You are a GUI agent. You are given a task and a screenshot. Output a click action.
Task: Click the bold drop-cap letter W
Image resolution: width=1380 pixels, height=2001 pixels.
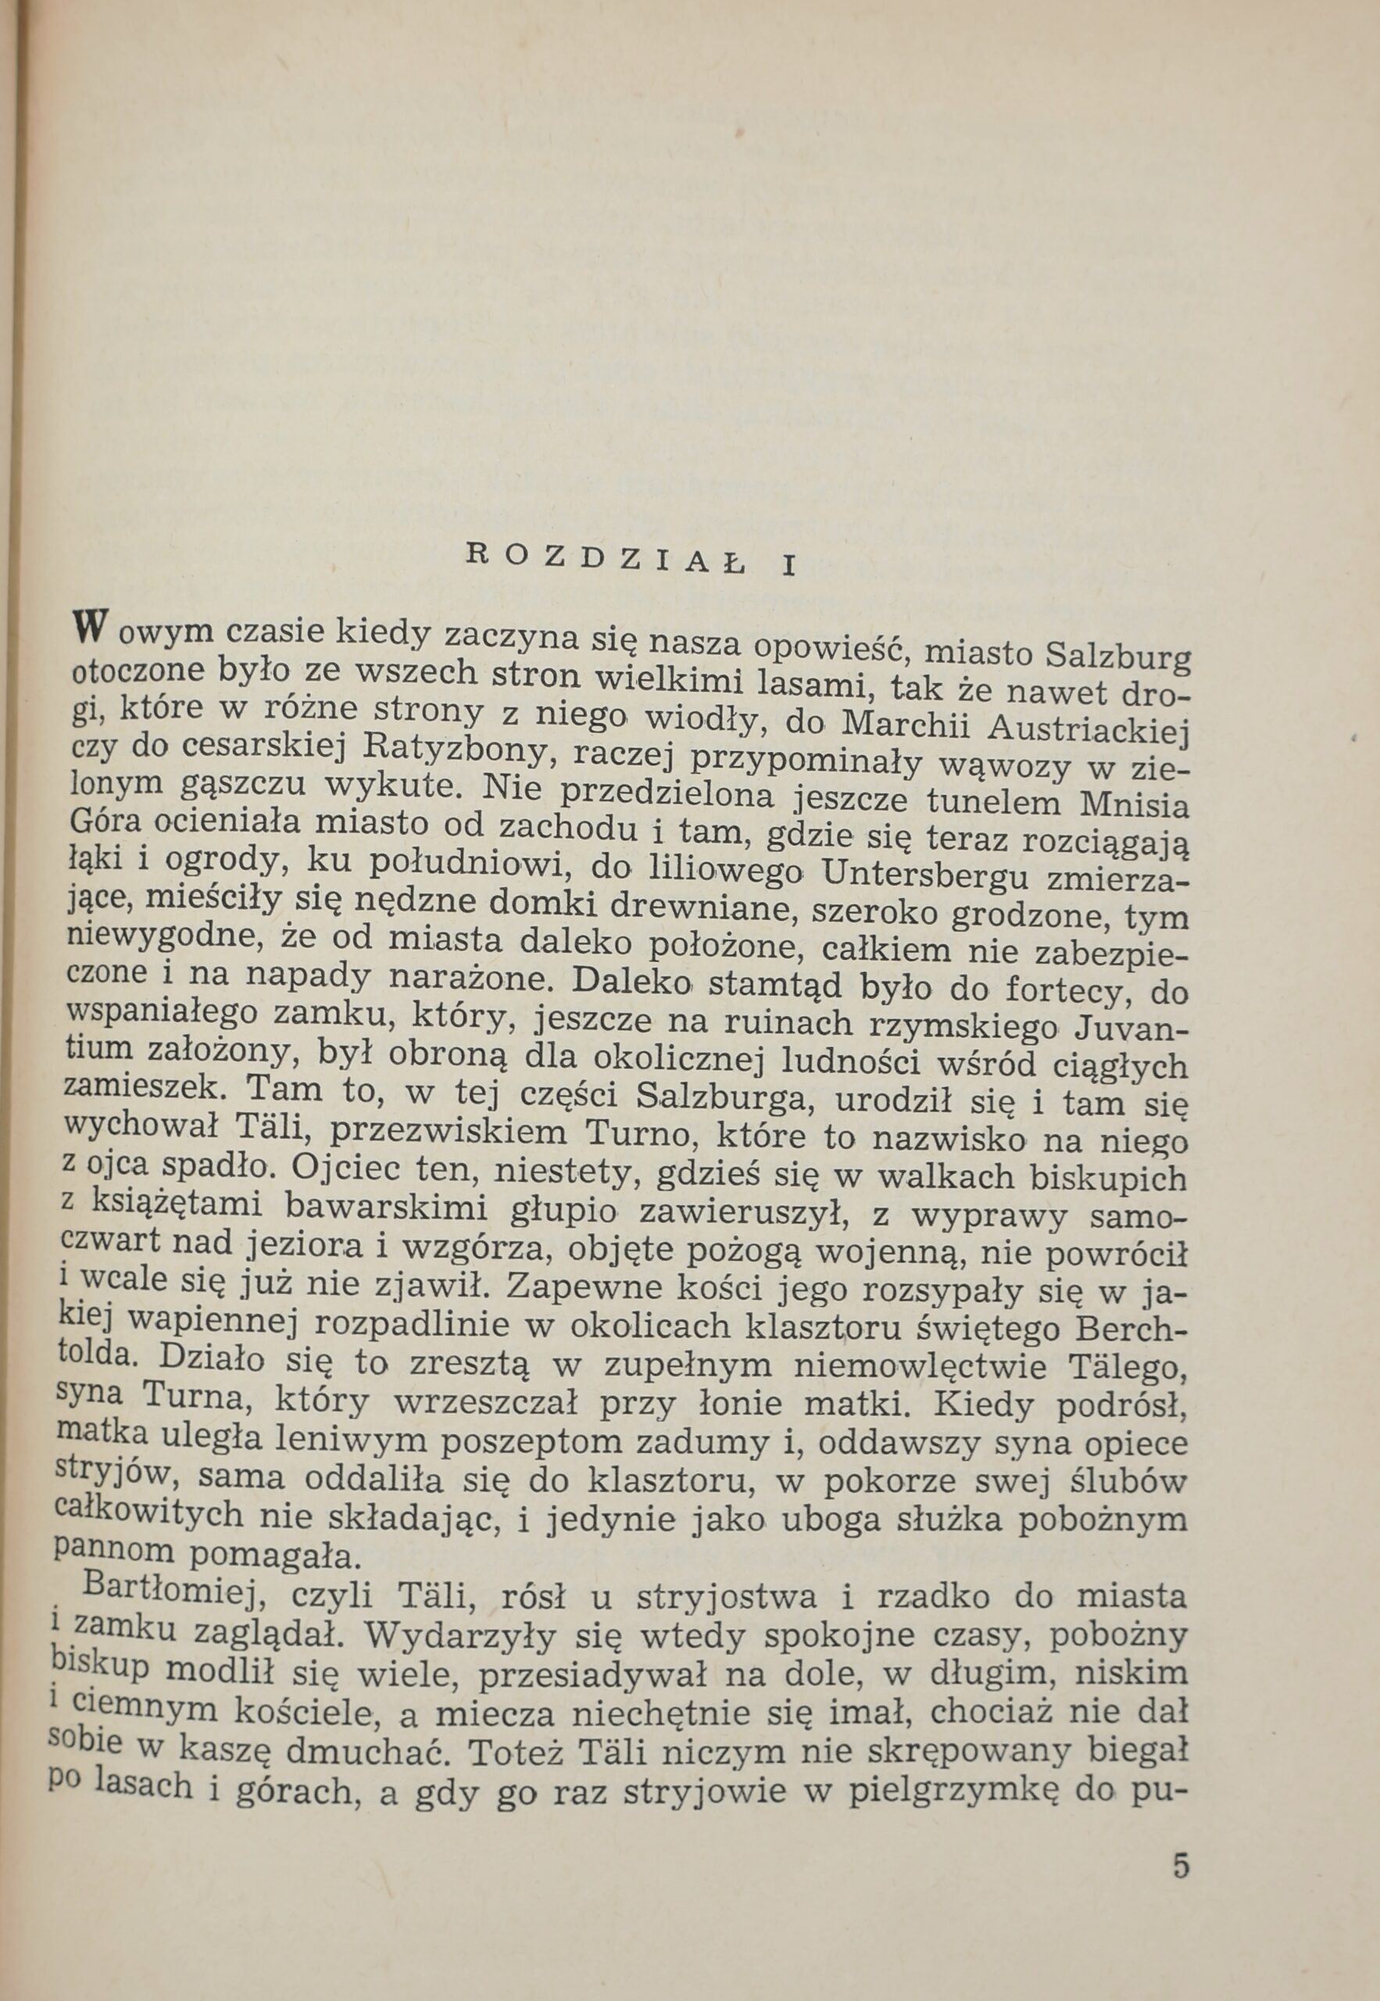90,627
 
